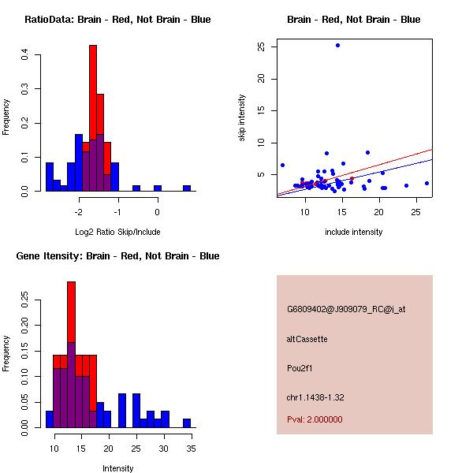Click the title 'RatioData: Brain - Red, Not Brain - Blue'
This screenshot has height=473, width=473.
[x=117, y=19]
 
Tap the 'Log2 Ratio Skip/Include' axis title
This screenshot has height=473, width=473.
[x=117, y=232]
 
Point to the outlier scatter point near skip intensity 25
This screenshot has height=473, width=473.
[x=337, y=45]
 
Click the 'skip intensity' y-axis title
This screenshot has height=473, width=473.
[x=242, y=118]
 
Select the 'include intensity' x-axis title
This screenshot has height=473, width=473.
[x=354, y=232]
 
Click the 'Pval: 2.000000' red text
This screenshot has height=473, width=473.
[x=315, y=419]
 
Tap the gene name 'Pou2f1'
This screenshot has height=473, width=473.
[x=300, y=368]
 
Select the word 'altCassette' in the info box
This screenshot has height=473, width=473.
[x=307, y=339]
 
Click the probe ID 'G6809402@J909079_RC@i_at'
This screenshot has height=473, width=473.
[x=346, y=310]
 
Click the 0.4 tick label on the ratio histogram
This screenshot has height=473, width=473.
[x=25, y=55]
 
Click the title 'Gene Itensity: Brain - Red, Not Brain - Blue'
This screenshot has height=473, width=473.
[x=117, y=255]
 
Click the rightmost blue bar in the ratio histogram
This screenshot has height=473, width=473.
[x=187, y=188]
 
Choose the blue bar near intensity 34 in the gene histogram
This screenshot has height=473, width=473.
[x=187, y=423]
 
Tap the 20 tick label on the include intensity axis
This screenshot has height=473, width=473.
[x=379, y=212]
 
